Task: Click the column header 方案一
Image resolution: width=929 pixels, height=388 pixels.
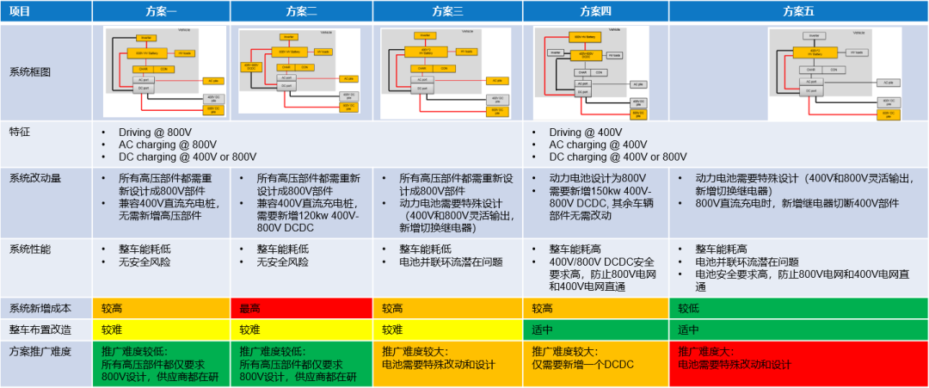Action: [163, 11]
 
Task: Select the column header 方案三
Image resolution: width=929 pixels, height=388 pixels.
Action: [447, 11]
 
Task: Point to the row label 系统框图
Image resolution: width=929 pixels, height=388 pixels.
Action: [32, 72]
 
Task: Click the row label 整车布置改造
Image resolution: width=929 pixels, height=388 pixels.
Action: [42, 329]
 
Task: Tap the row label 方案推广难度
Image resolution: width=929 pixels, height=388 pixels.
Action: [42, 351]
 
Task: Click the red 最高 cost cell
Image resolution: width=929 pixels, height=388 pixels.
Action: [301, 308]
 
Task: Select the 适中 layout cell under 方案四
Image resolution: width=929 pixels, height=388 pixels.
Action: [595, 329]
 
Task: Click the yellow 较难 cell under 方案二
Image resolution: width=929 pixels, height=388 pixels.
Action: [301, 329]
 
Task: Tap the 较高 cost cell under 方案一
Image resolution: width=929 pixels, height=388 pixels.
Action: [163, 308]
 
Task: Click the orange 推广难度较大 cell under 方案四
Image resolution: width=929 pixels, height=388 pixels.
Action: [595, 359]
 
